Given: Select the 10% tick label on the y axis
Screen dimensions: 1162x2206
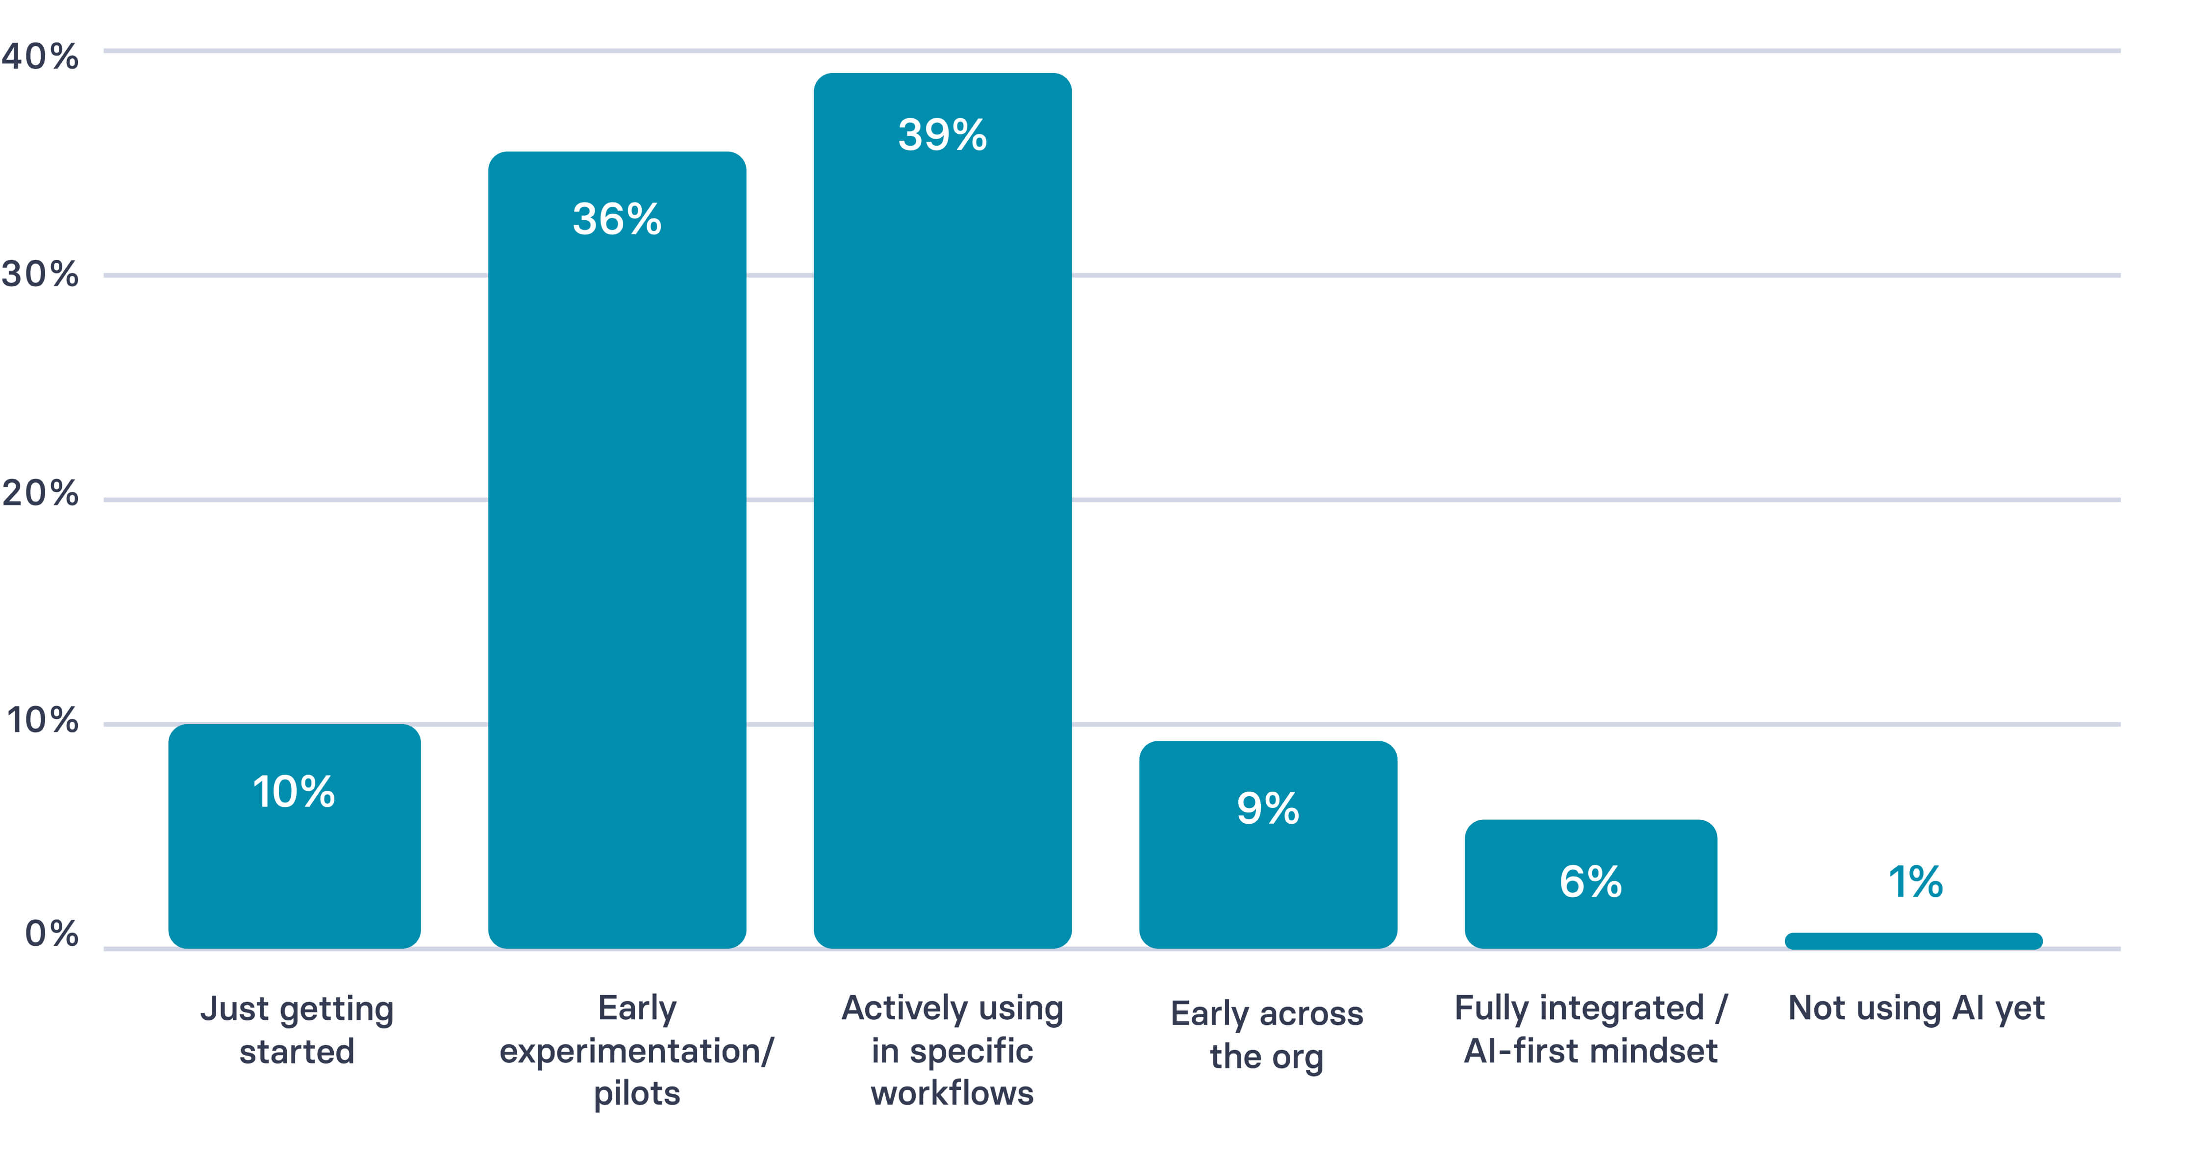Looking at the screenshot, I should coord(42,720).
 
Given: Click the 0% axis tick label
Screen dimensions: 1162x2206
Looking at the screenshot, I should coord(51,934).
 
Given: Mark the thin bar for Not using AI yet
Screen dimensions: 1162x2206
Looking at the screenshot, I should coord(1913,941).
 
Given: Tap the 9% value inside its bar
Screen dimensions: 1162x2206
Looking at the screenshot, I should coord(1267,808).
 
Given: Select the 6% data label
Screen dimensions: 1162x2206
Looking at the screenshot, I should coord(1590,882).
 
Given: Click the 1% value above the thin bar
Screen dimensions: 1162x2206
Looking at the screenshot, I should coord(1915,882).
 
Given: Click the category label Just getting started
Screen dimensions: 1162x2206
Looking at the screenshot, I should coord(296,1029).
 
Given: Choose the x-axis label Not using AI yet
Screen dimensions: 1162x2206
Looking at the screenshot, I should coord(1916,1009).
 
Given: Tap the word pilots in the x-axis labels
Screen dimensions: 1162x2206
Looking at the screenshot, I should coord(636,1093).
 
